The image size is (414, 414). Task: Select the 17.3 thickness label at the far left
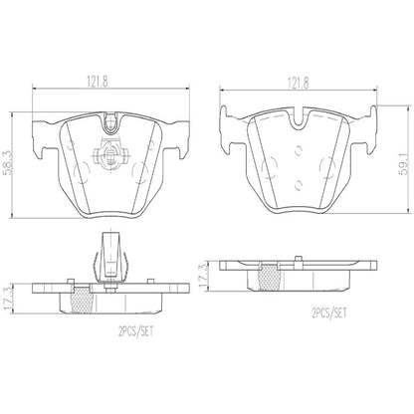click(x=12, y=295)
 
